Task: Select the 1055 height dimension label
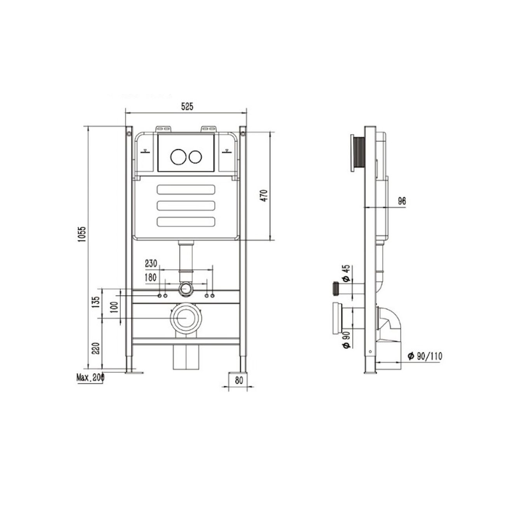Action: tap(82, 234)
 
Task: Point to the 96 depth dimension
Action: tap(402, 201)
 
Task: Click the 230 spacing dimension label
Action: tap(151, 264)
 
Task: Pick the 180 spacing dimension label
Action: tap(151, 277)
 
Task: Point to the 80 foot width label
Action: tap(239, 380)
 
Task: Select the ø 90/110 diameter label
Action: tap(425, 356)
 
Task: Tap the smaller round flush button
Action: tap(195, 157)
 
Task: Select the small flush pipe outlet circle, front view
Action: tap(186, 289)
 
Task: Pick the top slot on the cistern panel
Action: tap(186, 189)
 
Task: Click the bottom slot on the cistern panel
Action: tap(186, 221)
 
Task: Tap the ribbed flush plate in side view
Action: tap(358, 151)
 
